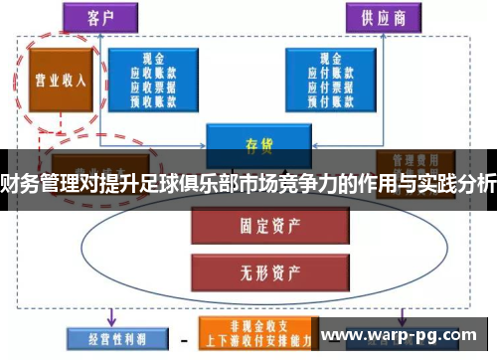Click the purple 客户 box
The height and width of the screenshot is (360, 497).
(96, 17)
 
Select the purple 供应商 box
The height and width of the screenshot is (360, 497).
(382, 17)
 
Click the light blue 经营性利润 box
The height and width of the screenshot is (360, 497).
(106, 337)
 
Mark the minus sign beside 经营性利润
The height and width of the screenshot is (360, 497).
(184, 338)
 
